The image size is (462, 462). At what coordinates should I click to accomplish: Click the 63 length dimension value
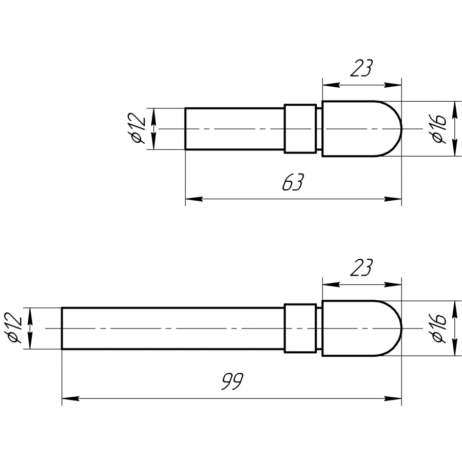(292, 182)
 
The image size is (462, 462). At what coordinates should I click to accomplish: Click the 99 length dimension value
(233, 381)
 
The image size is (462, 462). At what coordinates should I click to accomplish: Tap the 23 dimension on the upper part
(361, 68)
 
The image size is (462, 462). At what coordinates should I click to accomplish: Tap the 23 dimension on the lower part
(361, 267)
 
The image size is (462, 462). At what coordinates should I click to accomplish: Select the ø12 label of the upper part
(137, 129)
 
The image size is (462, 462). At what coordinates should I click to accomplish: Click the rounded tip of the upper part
(401, 129)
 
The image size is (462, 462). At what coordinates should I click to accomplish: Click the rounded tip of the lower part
(401, 328)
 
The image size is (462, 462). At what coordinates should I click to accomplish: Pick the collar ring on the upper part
(300, 129)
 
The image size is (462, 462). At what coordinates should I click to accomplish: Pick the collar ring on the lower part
(300, 328)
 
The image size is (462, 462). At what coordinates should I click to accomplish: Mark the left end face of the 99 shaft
(62, 328)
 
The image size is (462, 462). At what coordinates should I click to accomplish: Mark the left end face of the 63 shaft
(185, 129)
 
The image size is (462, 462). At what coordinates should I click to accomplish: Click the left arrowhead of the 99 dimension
(71, 399)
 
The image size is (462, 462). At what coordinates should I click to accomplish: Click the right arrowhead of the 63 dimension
(393, 199)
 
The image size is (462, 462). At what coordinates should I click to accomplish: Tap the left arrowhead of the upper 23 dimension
(331, 85)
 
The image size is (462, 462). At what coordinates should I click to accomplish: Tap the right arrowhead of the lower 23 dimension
(393, 285)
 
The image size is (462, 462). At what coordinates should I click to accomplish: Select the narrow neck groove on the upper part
(319, 129)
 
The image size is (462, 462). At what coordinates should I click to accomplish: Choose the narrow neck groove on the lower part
(319, 328)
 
